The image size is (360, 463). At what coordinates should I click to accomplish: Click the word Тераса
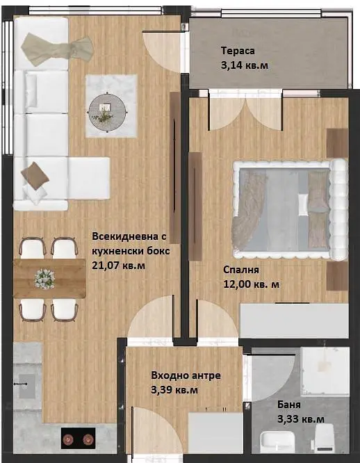pyautogui.click(x=238, y=51)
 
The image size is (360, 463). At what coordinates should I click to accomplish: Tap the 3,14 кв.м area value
pyautogui.click(x=245, y=65)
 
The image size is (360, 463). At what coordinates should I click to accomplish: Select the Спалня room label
pyautogui.click(x=241, y=270)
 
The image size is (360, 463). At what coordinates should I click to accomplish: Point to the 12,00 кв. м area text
pyautogui.click(x=252, y=284)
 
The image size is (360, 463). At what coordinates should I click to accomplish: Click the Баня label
pyautogui.click(x=289, y=405)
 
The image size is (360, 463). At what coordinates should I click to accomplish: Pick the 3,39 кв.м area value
pyautogui.click(x=174, y=390)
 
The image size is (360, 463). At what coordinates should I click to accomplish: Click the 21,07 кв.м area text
pyautogui.click(x=119, y=266)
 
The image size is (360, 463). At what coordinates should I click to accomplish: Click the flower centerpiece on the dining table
pyautogui.click(x=44, y=279)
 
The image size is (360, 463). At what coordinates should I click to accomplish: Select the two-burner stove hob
pyautogui.click(x=79, y=438)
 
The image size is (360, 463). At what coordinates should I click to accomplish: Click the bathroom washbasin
pyautogui.click(x=278, y=442)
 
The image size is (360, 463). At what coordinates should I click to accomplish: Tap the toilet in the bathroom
pyautogui.click(x=323, y=439)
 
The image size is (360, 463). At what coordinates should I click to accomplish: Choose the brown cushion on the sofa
pyautogui.click(x=35, y=176)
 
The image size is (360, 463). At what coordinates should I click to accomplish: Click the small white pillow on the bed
pyautogui.click(x=303, y=204)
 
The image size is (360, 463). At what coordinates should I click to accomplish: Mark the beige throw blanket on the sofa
pyautogui.click(x=57, y=49)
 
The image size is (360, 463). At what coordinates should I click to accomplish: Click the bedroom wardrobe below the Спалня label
pyautogui.click(x=295, y=320)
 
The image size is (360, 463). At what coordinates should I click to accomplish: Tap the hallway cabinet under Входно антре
pyautogui.click(x=215, y=433)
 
